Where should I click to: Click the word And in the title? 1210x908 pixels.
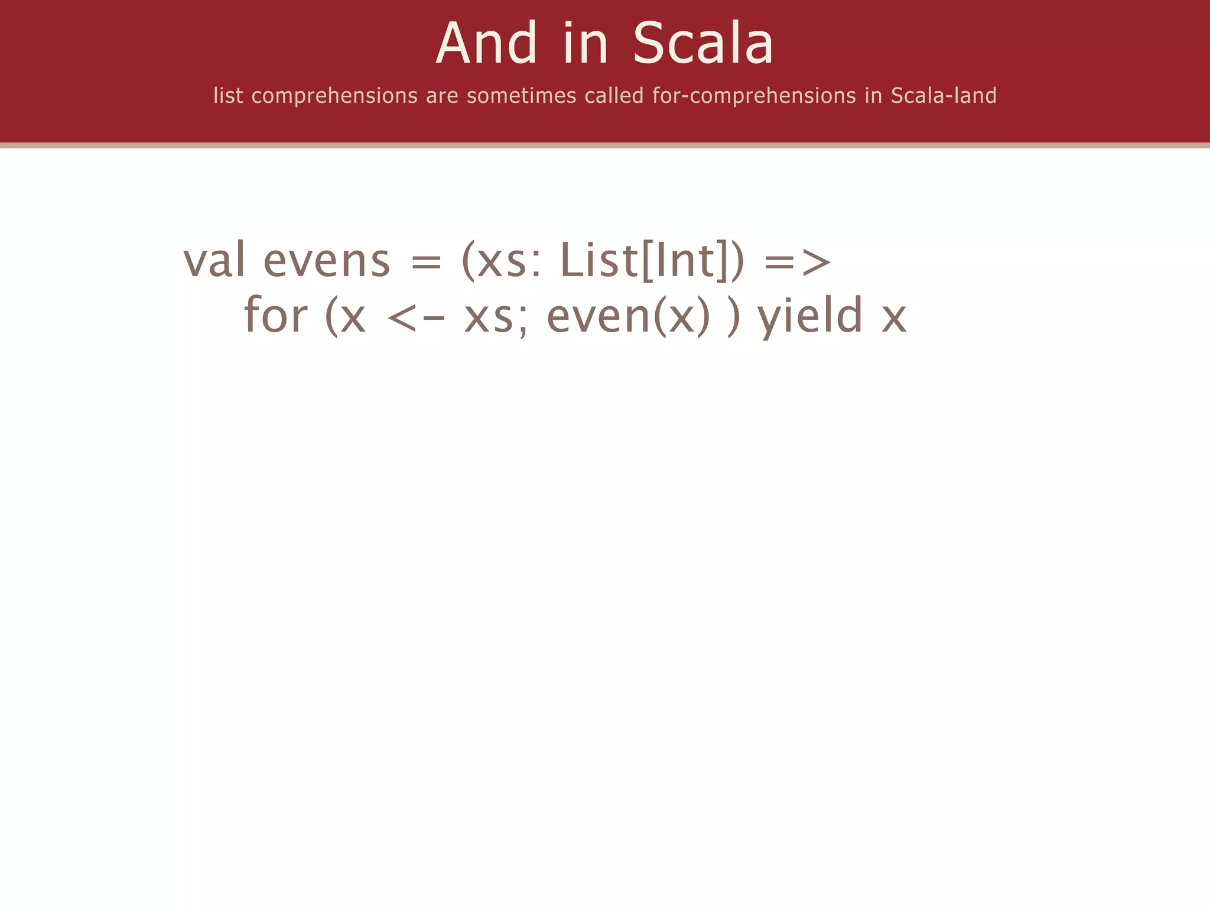pos(487,43)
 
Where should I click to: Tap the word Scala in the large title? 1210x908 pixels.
pos(702,43)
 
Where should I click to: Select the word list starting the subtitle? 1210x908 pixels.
pos(228,95)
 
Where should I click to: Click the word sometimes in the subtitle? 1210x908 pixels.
pos(521,95)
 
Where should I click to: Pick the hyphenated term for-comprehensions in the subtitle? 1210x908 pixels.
pos(754,95)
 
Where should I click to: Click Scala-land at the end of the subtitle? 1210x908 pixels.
pos(944,95)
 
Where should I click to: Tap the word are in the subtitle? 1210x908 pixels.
pos(442,95)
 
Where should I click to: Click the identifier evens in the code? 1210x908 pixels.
pos(326,261)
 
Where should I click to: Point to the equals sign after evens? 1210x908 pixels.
pos(426,262)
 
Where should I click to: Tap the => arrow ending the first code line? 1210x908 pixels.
pos(798,262)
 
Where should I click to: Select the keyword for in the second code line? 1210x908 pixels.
pos(275,314)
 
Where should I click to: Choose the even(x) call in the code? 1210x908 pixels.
pos(628,316)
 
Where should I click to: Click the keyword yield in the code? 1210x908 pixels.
pos(810,316)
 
